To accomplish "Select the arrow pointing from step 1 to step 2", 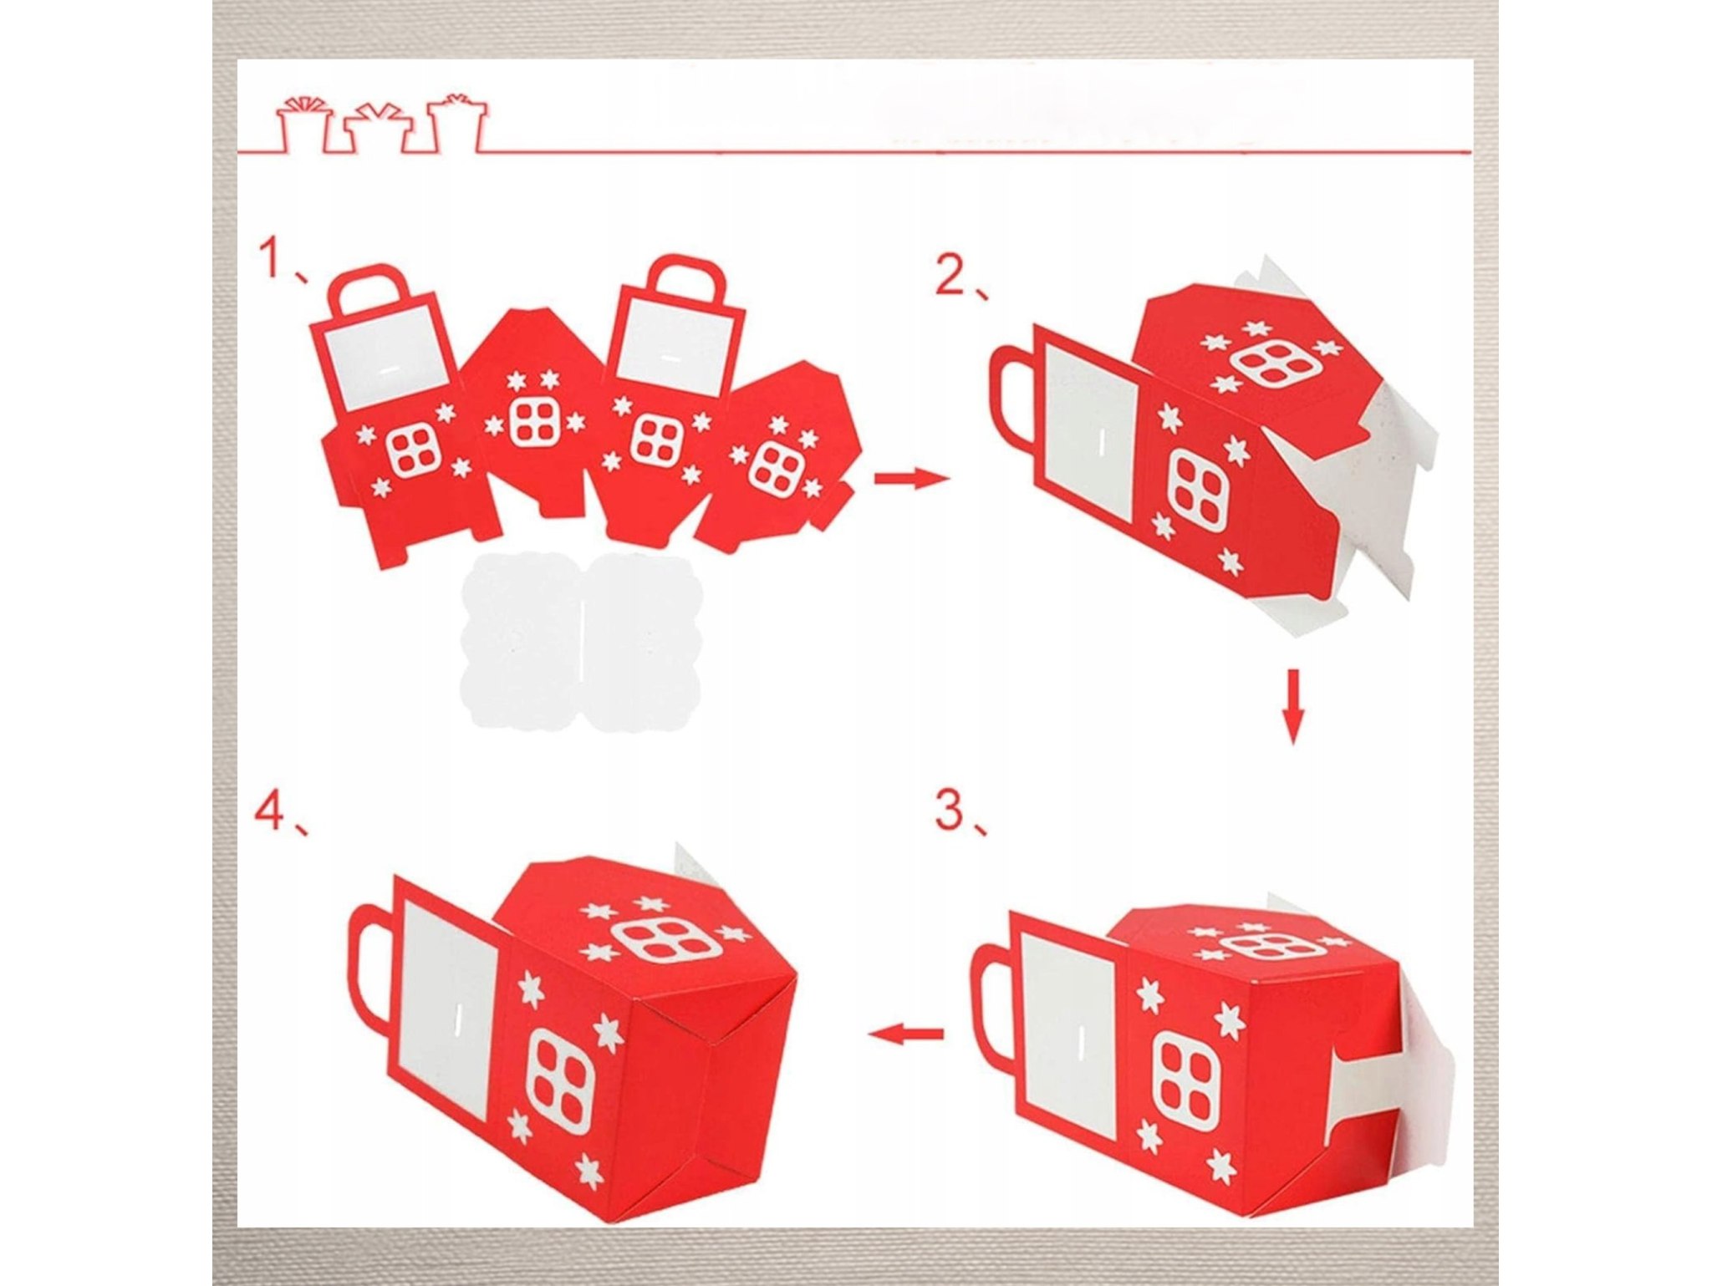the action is pos(912,479).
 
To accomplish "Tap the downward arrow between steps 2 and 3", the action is pos(1293,706).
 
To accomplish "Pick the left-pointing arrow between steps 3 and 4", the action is pos(906,1034).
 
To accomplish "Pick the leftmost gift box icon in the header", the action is pos(303,125).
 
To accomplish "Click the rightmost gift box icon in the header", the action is pos(456,122).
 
